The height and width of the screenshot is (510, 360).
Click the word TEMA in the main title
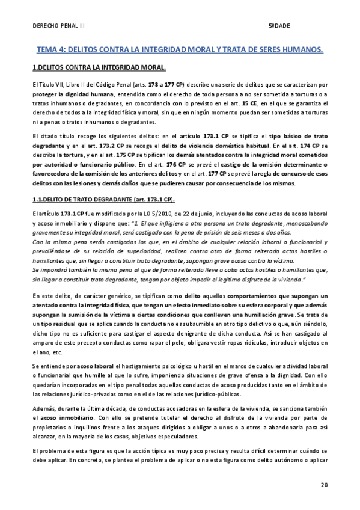[x=49, y=49]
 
